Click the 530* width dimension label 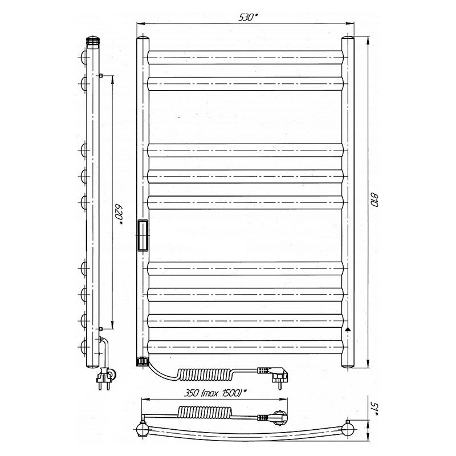click(248, 17)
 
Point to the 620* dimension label click(119, 215)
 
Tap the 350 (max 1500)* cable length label click(215, 393)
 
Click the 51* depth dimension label click(374, 409)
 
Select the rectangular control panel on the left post click(143, 235)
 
